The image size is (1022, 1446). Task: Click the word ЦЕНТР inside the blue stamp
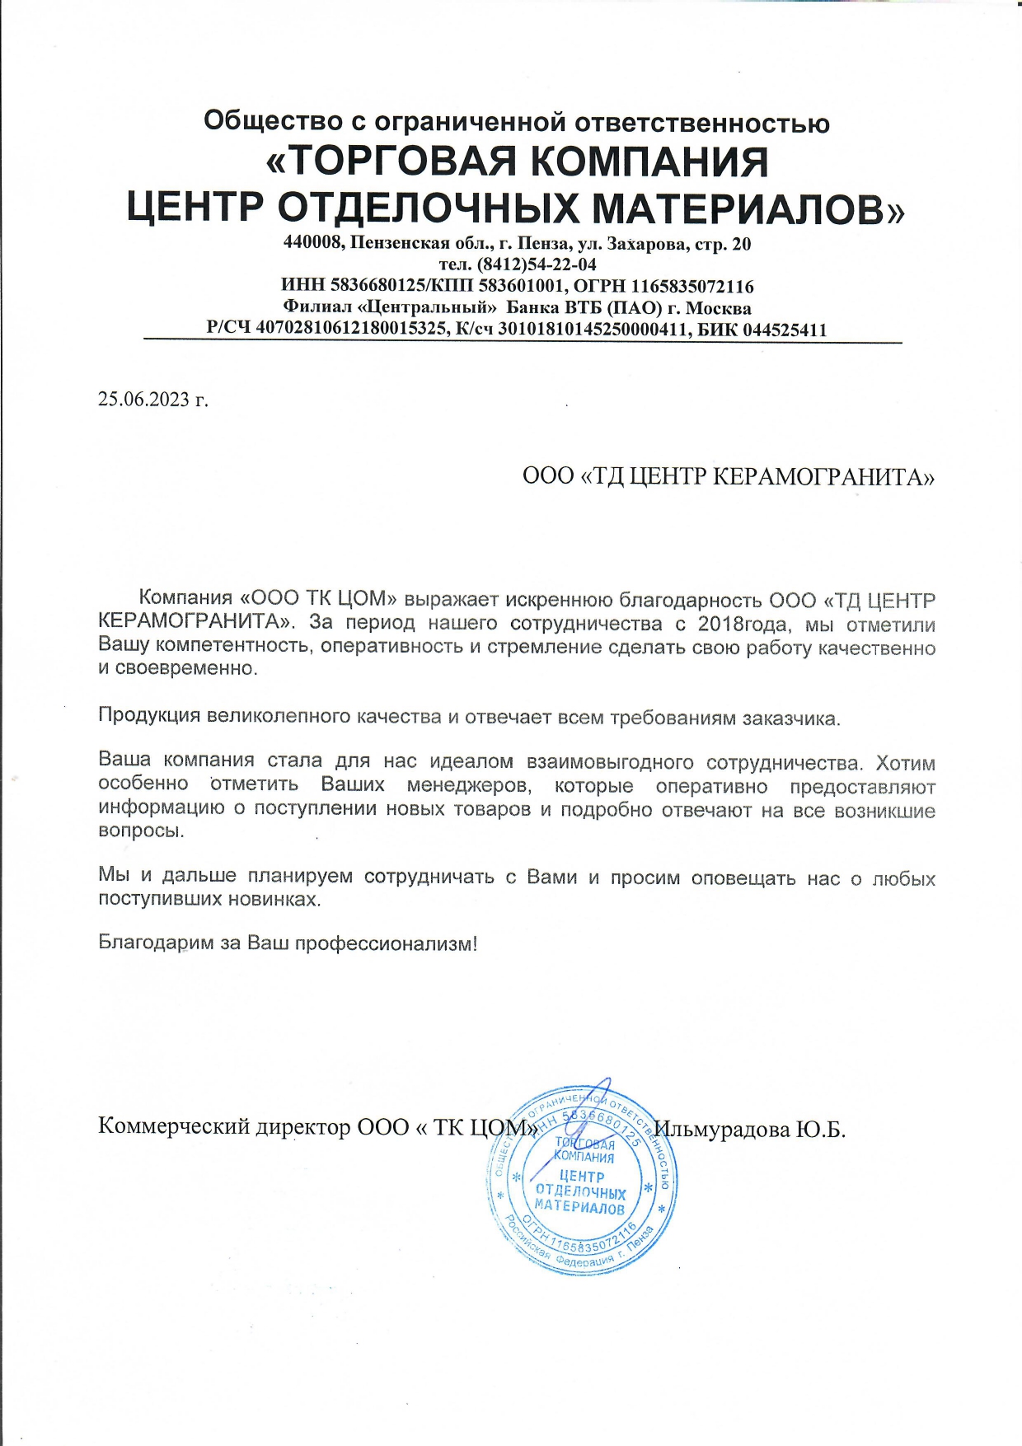click(581, 1176)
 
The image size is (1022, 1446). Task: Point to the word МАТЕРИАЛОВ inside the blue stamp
click(579, 1209)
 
